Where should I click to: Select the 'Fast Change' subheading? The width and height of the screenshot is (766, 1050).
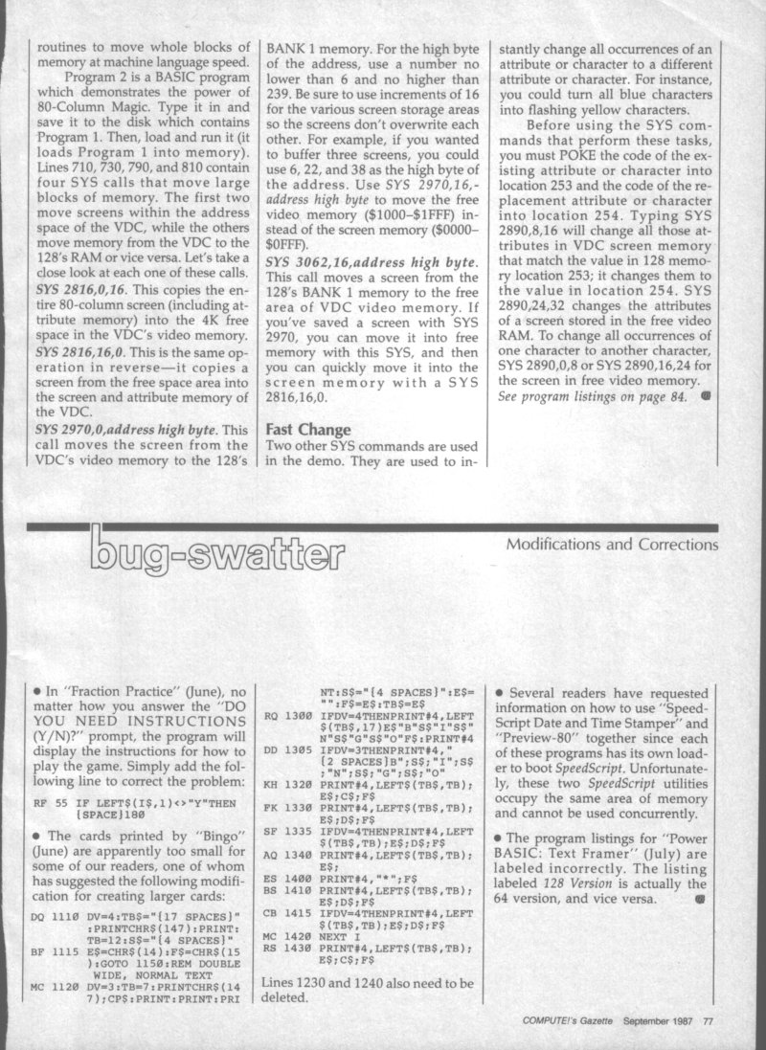pos(310,431)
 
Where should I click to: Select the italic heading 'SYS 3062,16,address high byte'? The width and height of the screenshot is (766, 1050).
pos(372,287)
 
